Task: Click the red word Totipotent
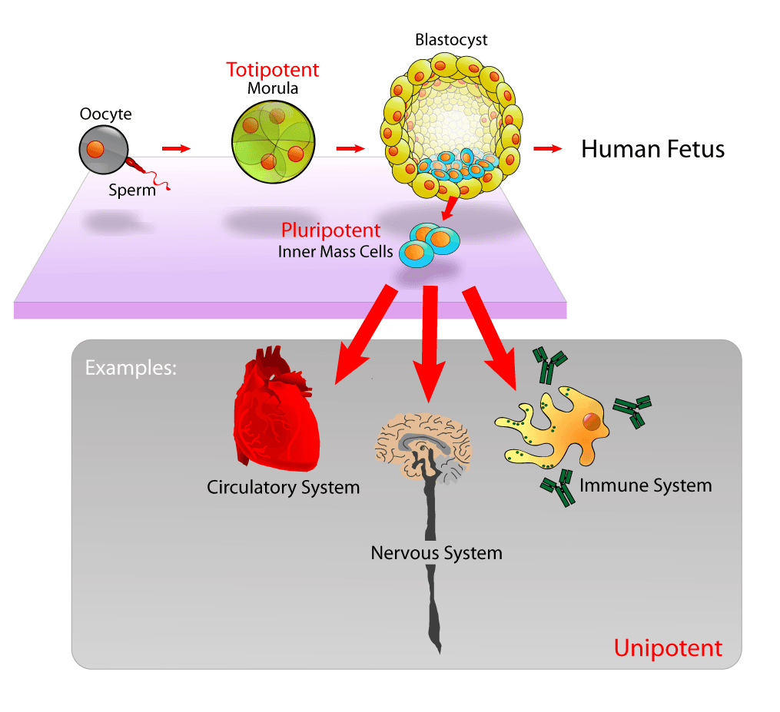click(272, 70)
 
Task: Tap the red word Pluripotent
click(330, 230)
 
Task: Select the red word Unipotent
click(668, 647)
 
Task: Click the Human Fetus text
click(652, 148)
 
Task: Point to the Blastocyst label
click(451, 40)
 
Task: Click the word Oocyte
click(105, 114)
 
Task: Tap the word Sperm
click(131, 190)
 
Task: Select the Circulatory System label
click(283, 487)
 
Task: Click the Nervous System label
click(436, 552)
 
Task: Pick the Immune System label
click(646, 485)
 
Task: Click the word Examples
click(131, 367)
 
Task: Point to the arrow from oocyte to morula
click(175, 148)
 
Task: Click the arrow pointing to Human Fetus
click(547, 148)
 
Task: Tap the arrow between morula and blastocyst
click(350, 148)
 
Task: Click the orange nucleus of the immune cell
click(591, 422)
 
